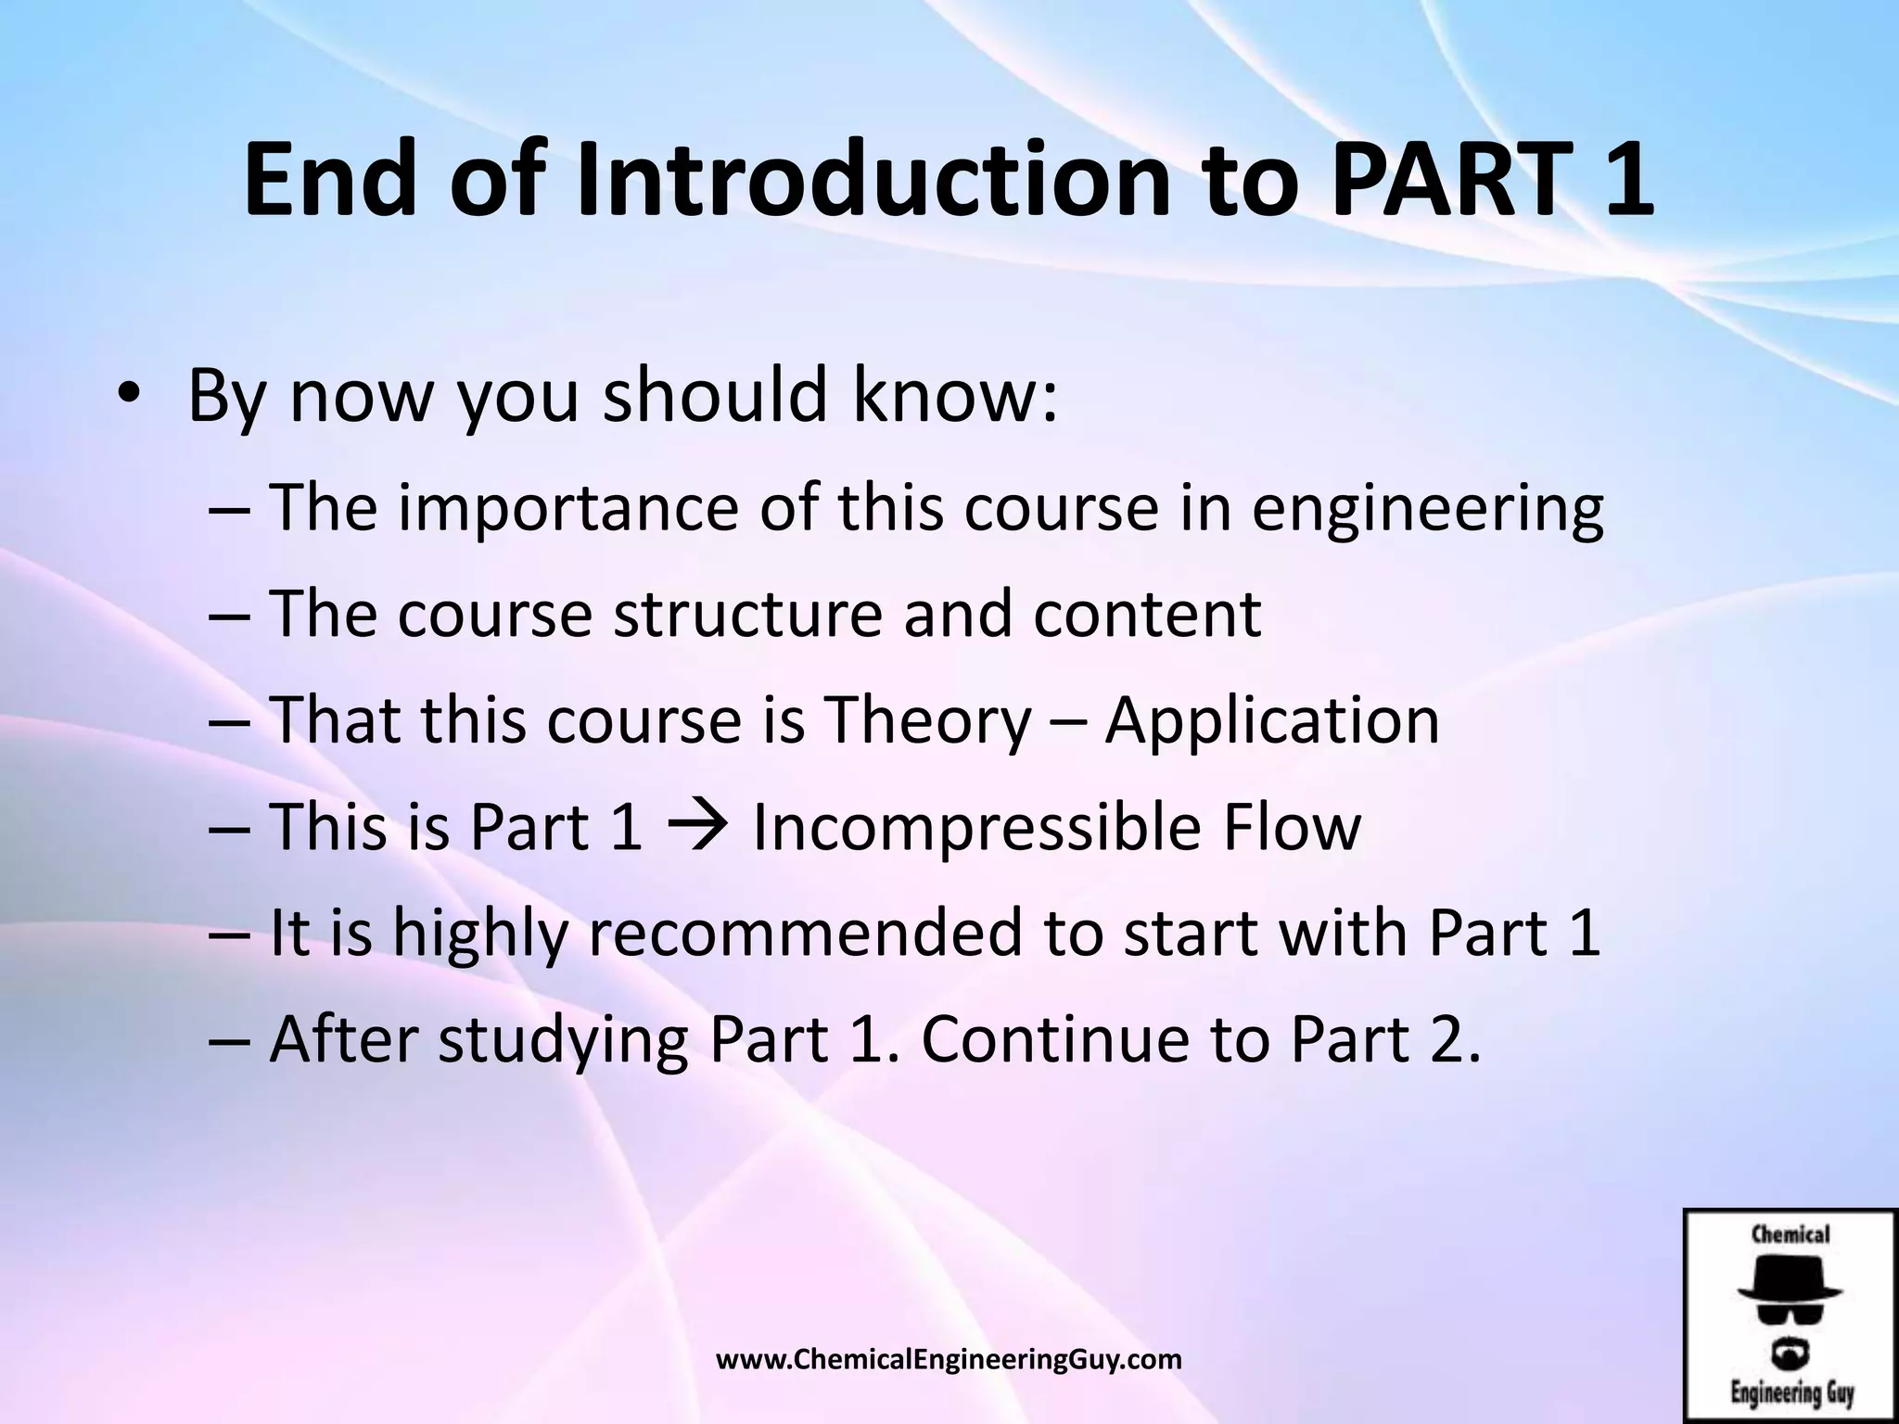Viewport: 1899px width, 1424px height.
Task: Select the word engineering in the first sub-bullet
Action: [1428, 512]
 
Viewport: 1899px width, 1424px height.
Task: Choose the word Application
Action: [1272, 721]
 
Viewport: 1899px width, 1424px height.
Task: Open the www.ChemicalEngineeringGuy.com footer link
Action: [949, 1360]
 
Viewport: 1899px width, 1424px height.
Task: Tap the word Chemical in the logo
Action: [1790, 1235]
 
